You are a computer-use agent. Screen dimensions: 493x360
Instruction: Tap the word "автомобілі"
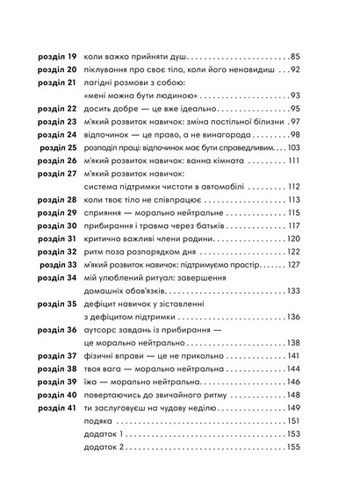[x=220, y=187]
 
